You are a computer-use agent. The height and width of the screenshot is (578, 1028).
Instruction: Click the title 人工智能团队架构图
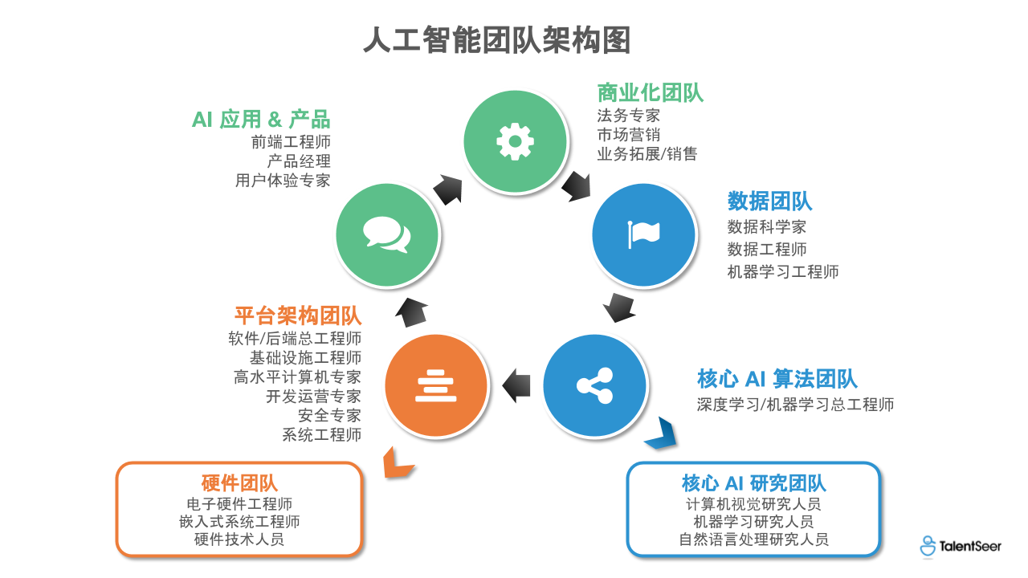coord(497,39)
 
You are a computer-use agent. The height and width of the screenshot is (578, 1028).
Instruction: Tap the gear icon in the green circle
coord(515,141)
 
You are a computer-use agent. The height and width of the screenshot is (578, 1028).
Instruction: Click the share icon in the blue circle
coord(594,385)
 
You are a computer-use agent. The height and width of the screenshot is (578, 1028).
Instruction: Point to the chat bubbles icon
coord(387,234)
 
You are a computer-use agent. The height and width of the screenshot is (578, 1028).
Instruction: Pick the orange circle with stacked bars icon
coord(436,385)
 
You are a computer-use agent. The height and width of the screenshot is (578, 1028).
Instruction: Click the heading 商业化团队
coord(650,93)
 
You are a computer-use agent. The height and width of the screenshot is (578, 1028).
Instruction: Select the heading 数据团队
coord(769,201)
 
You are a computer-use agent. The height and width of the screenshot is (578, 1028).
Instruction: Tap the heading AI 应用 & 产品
coord(261,120)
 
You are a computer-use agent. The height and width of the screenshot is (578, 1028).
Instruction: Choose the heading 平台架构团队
coord(297,315)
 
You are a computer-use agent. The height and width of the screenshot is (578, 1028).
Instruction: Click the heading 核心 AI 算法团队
coord(777,379)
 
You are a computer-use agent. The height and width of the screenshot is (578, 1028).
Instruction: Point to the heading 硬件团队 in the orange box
coord(239,483)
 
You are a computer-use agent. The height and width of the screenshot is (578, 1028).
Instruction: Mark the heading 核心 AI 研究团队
coord(753,483)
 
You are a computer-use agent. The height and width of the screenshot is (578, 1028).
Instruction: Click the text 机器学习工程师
coord(782,271)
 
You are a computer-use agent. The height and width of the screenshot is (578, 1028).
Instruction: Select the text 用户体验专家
coord(283,180)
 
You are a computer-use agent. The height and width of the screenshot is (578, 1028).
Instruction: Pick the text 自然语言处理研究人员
coord(753,539)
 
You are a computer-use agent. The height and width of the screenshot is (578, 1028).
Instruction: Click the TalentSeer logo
coord(961,547)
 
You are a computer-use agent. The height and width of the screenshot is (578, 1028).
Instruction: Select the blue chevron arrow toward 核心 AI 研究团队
coord(660,433)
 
